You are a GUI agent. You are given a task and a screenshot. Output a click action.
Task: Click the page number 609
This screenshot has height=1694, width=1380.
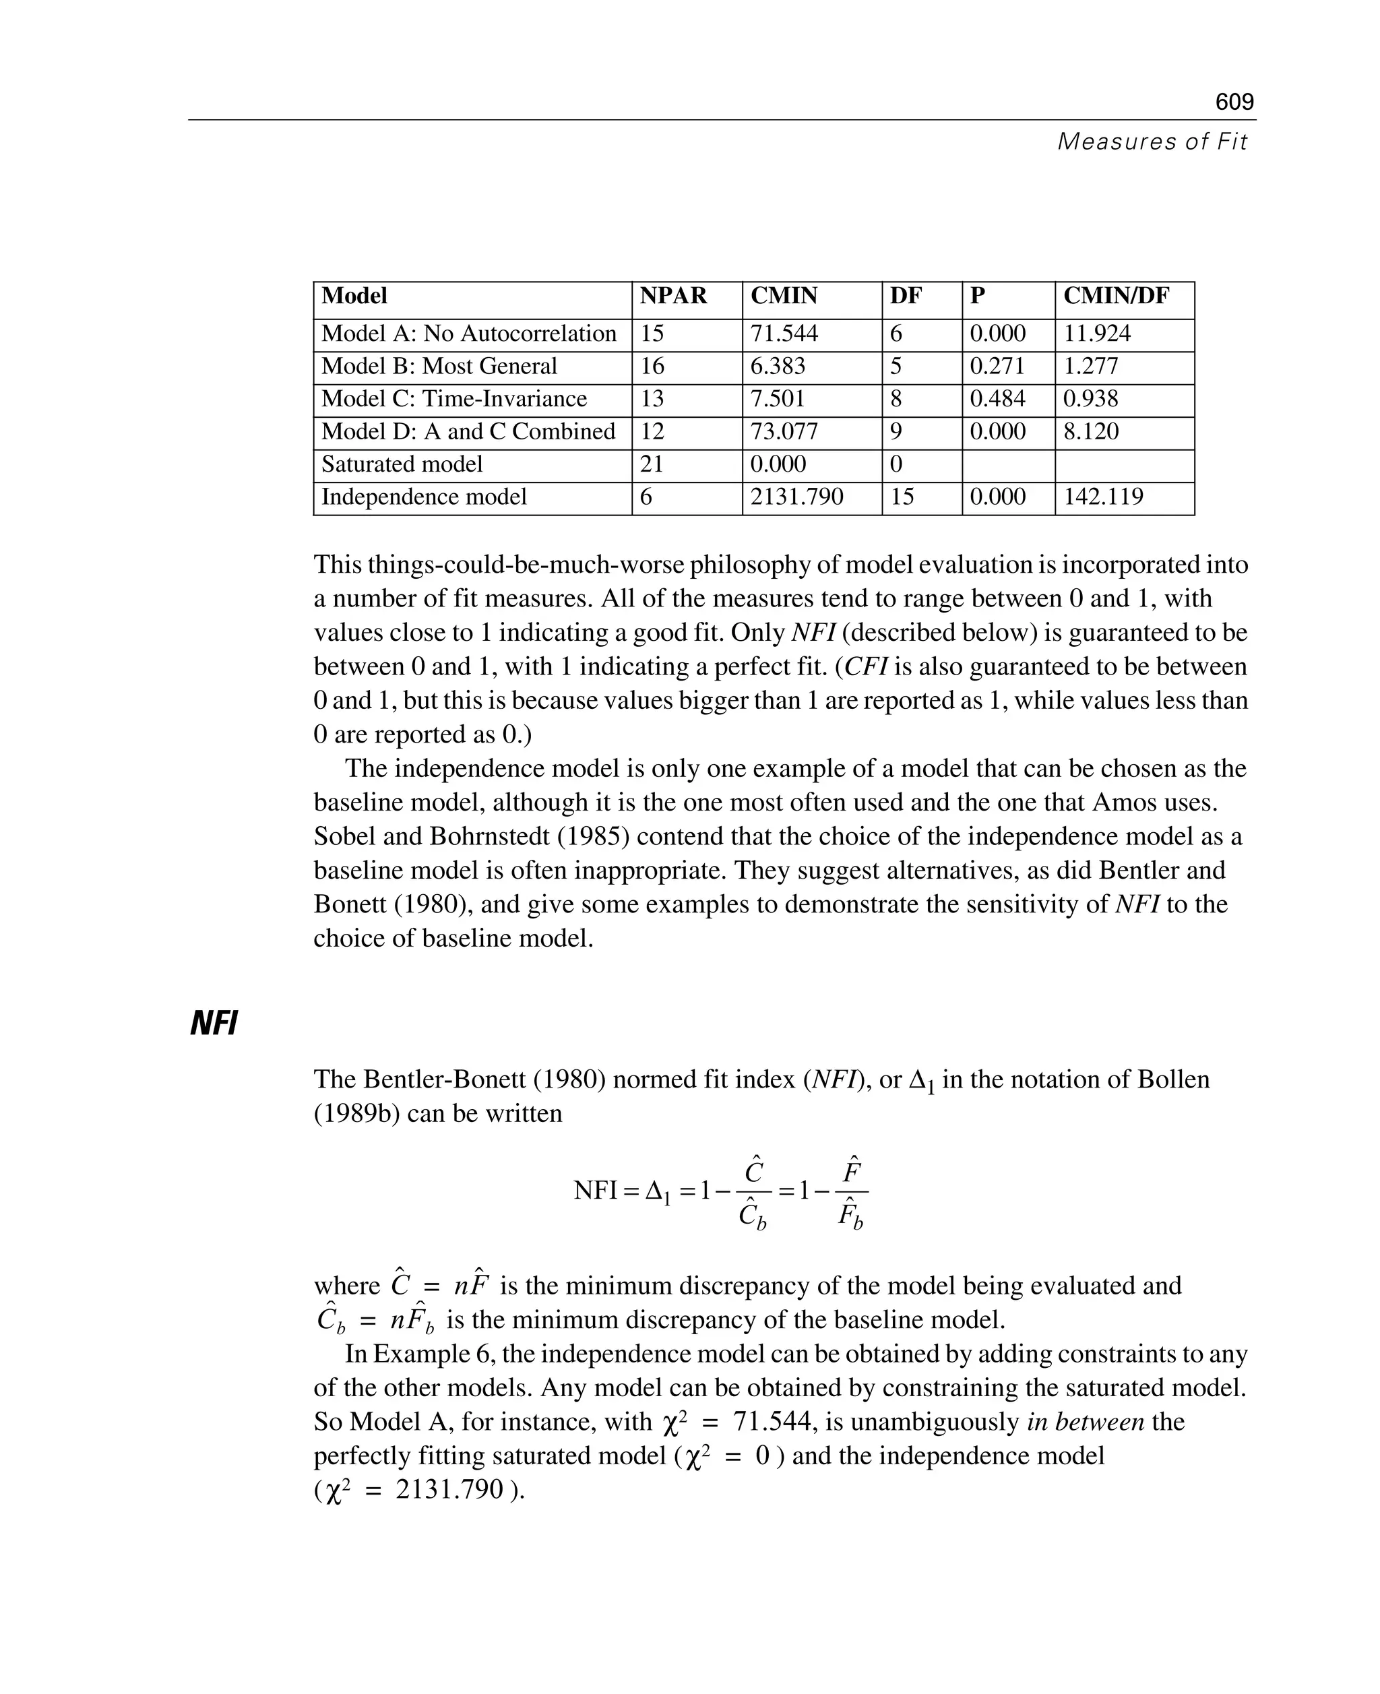click(x=1234, y=102)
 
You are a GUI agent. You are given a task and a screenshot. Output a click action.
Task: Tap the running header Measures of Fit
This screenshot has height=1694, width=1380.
click(x=1152, y=142)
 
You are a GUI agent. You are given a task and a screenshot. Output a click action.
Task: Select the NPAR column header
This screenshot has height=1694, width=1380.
click(x=673, y=296)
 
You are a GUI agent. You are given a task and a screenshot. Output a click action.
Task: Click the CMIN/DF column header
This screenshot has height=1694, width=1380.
click(x=1116, y=296)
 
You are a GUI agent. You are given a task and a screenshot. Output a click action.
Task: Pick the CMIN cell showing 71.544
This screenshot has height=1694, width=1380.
click(x=784, y=334)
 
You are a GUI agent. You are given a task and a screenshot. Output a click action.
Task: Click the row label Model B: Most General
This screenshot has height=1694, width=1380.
click(x=439, y=367)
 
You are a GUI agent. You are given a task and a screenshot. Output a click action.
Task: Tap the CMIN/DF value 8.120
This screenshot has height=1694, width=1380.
click(x=1091, y=432)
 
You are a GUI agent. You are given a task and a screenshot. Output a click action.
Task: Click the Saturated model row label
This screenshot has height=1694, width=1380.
click(x=402, y=464)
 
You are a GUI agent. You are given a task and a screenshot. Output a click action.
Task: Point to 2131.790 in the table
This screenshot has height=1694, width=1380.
click(x=796, y=497)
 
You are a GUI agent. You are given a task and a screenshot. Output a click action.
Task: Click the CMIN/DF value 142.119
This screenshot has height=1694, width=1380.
click(x=1103, y=497)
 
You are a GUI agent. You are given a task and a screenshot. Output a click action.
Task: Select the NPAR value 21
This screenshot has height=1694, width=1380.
click(x=652, y=464)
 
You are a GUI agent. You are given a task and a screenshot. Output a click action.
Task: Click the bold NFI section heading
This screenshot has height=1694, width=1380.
click(x=214, y=1024)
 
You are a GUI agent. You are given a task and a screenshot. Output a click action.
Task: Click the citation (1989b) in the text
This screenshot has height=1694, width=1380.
click(x=357, y=1114)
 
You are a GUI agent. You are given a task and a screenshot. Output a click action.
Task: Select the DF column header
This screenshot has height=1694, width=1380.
click(x=906, y=296)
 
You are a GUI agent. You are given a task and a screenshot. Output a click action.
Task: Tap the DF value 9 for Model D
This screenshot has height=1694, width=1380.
click(x=896, y=432)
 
